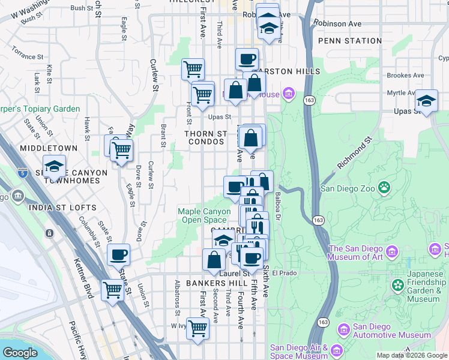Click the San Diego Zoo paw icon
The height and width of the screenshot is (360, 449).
pos(384,188)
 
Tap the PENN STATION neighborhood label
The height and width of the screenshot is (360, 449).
pos(350,41)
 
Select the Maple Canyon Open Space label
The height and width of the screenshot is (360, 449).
pos(204,216)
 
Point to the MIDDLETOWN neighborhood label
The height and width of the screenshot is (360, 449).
pos(49,148)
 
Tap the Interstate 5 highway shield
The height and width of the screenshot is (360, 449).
pos(22,172)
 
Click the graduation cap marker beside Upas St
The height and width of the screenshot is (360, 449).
pos(426,101)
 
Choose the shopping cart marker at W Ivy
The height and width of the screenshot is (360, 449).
pos(197,328)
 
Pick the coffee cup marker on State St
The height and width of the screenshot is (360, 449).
pos(118,254)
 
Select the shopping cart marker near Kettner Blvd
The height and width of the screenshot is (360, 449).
pos(112,290)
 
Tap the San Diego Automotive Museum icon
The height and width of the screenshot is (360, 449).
pos(343,329)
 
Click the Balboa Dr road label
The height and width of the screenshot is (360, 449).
pos(277,206)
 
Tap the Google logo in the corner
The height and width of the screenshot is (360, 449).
pos(20,353)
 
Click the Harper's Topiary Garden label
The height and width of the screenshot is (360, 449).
pos(40,109)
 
